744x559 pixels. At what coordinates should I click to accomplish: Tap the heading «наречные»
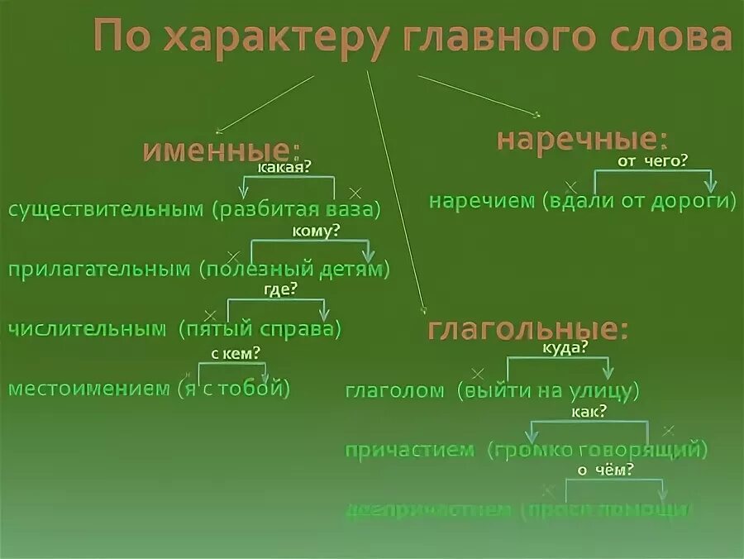click(581, 139)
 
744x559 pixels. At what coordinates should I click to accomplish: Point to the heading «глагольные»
click(527, 329)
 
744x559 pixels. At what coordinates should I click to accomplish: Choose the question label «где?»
click(280, 289)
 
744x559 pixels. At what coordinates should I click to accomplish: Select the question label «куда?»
click(565, 348)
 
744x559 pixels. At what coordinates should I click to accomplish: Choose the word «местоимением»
click(88, 388)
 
